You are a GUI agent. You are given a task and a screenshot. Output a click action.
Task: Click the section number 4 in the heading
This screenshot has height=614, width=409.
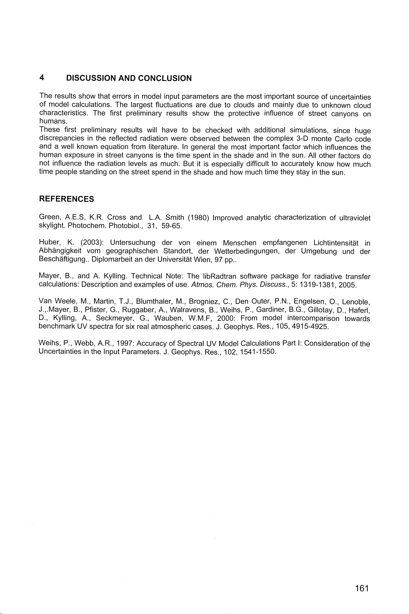[x=42, y=77]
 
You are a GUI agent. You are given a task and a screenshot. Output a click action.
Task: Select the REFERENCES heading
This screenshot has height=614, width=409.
[x=66, y=199]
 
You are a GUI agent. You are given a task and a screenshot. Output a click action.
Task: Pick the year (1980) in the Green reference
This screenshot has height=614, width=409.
[x=198, y=217]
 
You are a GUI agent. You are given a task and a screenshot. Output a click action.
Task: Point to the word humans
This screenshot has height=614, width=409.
[x=53, y=121]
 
